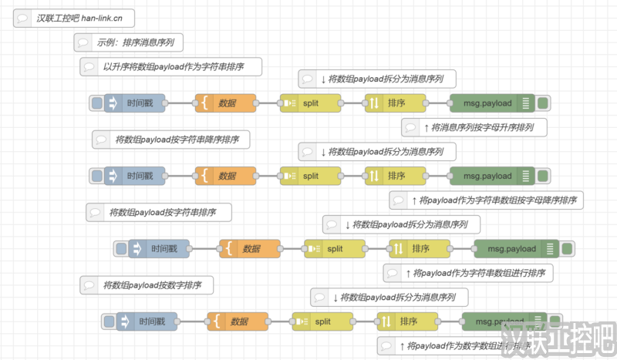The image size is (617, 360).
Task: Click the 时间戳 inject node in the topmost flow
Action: click(140, 103)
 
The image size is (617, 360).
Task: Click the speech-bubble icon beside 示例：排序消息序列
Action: click(83, 42)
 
